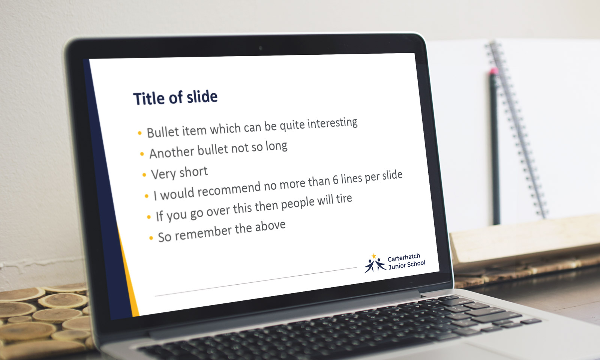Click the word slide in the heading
click(x=202, y=96)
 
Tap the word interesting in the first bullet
click(x=332, y=123)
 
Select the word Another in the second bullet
click(x=172, y=152)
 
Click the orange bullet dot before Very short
click(x=144, y=175)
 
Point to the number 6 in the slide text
click(x=336, y=180)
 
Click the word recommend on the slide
click(x=229, y=189)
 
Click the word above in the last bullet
click(x=270, y=226)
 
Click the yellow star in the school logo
click(x=374, y=256)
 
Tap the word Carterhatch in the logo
click(x=404, y=258)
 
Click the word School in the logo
click(x=416, y=264)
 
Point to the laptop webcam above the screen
click(x=260, y=48)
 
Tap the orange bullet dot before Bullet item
click(x=139, y=133)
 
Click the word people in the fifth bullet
click(x=298, y=204)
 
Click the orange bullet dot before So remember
click(x=151, y=238)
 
